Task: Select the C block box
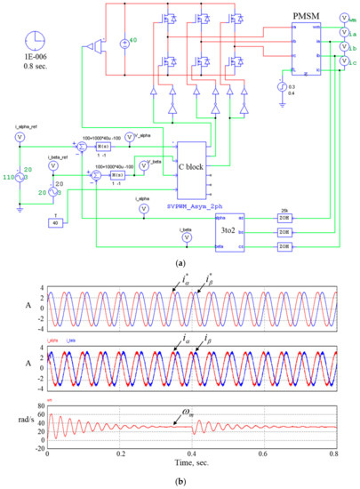197,171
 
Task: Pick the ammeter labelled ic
345,61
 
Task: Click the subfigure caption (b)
180,480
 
